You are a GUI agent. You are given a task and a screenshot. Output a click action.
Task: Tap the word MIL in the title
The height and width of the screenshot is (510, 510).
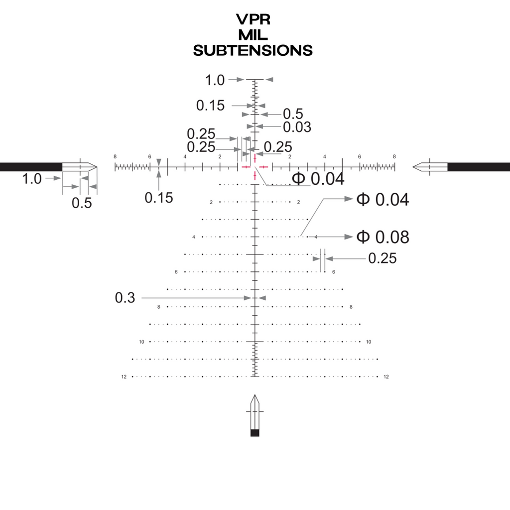click(x=253, y=35)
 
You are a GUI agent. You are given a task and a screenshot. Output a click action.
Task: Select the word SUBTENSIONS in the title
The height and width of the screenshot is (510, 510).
click(x=253, y=50)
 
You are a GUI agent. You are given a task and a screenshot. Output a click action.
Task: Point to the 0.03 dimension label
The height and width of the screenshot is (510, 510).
click(x=297, y=127)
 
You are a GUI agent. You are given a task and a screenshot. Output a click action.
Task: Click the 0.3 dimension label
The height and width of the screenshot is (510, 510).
click(x=125, y=298)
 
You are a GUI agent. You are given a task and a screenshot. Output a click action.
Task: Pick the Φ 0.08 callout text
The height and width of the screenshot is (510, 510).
click(x=382, y=237)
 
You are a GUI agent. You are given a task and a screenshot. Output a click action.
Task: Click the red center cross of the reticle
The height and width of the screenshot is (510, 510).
click(x=255, y=167)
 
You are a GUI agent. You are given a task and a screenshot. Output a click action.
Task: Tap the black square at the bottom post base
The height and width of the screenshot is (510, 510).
click(x=255, y=433)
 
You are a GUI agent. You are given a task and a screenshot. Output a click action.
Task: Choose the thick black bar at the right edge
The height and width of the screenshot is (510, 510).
click(x=479, y=167)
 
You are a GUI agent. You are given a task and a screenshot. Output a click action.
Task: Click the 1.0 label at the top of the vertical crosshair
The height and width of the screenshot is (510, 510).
click(x=215, y=80)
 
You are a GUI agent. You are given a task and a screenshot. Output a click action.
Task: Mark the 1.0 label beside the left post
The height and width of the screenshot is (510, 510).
click(x=32, y=179)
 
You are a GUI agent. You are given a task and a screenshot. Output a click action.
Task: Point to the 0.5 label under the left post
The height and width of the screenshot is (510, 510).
click(x=82, y=203)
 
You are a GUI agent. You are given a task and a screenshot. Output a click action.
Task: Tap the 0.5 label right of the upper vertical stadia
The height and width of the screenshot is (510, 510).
click(x=293, y=114)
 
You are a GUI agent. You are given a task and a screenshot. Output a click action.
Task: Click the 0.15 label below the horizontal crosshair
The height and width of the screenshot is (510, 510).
click(x=159, y=198)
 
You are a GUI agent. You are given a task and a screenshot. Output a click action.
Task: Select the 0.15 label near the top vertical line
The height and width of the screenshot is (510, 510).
click(x=210, y=106)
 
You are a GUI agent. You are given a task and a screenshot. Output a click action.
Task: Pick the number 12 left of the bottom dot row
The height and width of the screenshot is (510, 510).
click(x=124, y=377)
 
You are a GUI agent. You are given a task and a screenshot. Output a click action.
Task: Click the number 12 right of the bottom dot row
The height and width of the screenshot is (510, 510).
click(x=386, y=377)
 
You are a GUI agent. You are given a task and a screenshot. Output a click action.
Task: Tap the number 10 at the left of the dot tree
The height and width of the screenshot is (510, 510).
click(x=141, y=342)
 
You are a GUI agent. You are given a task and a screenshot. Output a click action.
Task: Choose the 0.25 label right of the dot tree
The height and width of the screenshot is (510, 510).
click(x=382, y=258)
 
